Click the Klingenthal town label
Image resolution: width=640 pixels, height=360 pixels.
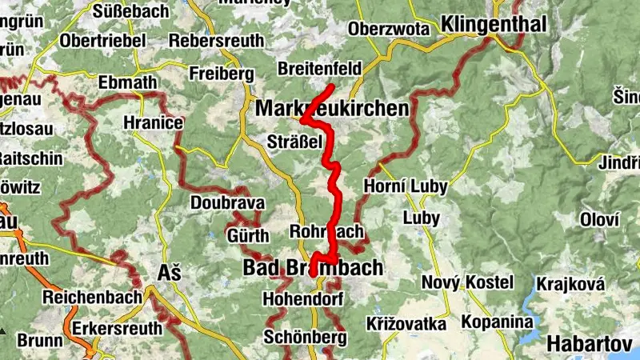pyautogui.click(x=494, y=23)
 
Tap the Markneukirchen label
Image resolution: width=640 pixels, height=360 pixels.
pyautogui.click(x=331, y=108)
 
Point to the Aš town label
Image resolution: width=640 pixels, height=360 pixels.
pyautogui.click(x=170, y=272)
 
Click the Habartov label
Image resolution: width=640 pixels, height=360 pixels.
pyautogui.click(x=591, y=344)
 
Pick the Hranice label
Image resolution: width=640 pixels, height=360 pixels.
pyautogui.click(x=154, y=124)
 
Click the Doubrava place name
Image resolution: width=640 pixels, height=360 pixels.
pyautogui.click(x=227, y=203)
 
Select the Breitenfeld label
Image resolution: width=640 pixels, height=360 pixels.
pyautogui.click(x=319, y=68)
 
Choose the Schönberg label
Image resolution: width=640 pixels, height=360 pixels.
pyautogui.click(x=304, y=337)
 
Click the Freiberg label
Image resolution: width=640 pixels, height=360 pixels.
pyautogui.click(x=216, y=74)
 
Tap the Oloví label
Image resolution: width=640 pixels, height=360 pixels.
pyautogui.click(x=599, y=219)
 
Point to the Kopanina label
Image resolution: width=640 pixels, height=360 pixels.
pyautogui.click(x=496, y=322)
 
